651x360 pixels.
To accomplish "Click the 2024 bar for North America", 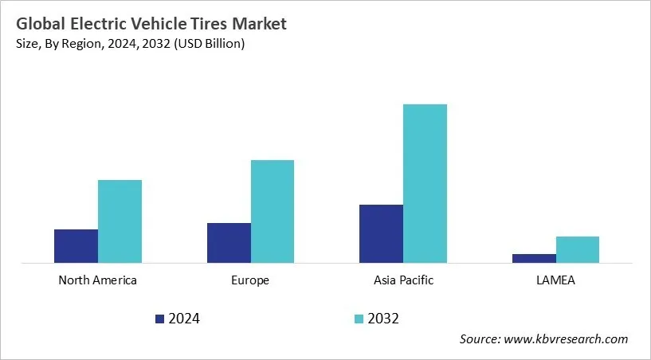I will click(x=76, y=246).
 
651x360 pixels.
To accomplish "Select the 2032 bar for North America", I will click(x=120, y=221).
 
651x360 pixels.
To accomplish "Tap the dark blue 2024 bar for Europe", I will click(x=229, y=243).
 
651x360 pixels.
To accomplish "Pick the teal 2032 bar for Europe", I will click(x=273, y=211).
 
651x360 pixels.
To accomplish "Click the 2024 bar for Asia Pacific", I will click(x=381, y=233).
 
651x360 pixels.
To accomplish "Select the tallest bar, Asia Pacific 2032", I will click(x=425, y=183).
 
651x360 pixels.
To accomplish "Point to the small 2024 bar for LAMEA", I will click(x=534, y=258).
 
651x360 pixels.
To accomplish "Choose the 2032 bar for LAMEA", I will click(x=578, y=249).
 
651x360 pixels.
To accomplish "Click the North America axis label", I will click(x=98, y=280).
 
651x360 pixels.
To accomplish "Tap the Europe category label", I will click(x=250, y=280).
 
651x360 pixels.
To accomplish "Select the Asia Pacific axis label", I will click(x=403, y=280).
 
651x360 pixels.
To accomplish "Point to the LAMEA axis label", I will click(x=555, y=280).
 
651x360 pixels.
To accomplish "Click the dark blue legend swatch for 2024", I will click(x=159, y=319).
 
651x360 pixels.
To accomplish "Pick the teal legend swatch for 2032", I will click(x=359, y=319).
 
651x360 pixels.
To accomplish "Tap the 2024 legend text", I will click(x=183, y=319).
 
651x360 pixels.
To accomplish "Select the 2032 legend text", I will click(x=383, y=319).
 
